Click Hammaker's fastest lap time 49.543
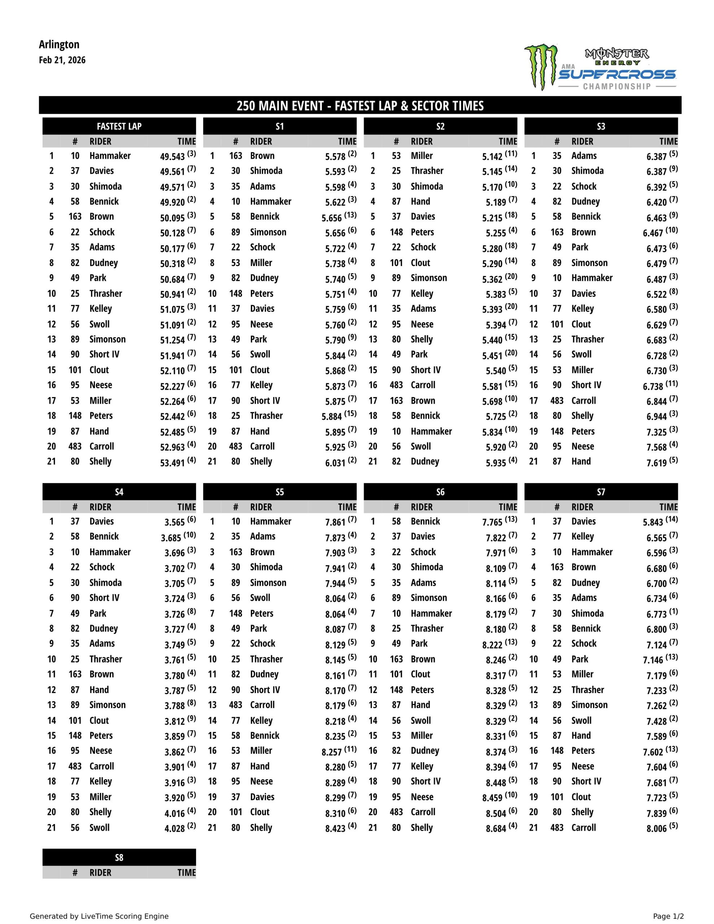[x=172, y=157]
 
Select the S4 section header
[x=119, y=492]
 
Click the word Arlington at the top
[x=59, y=44]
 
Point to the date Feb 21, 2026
[x=62, y=60]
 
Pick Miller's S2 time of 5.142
[x=492, y=157]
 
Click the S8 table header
[x=119, y=857]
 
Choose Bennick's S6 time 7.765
[x=492, y=522]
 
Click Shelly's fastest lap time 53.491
[x=172, y=462]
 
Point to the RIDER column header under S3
[x=582, y=141]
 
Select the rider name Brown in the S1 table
[x=262, y=156]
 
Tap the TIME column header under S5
[x=347, y=507]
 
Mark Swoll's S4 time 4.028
[x=174, y=828]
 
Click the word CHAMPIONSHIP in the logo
[x=617, y=86]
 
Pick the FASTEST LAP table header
[x=119, y=126]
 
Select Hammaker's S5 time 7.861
[x=335, y=522]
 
